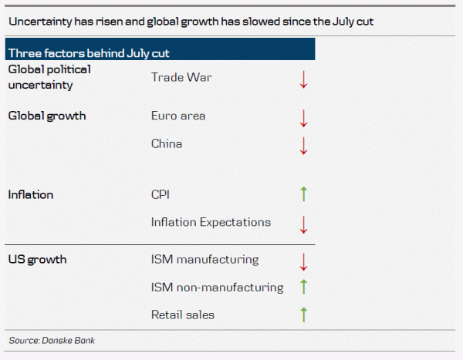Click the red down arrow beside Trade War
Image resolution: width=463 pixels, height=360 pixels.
tap(303, 78)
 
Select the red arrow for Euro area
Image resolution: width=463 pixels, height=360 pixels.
tap(303, 117)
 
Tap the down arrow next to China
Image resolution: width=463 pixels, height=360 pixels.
tap(303, 144)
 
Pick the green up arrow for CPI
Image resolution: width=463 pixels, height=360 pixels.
tap(303, 195)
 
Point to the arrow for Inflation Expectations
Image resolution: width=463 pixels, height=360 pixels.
tap(303, 224)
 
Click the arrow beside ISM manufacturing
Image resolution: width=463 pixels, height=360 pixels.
tap(303, 261)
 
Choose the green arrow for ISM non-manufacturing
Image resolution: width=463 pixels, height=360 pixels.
tap(303, 288)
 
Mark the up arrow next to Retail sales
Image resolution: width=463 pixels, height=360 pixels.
tap(303, 315)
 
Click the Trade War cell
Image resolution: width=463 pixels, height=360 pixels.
tap(181, 77)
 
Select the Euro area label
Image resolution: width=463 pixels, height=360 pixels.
tap(178, 116)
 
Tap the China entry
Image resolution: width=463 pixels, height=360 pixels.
tap(167, 143)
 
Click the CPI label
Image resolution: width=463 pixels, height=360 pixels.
tap(161, 195)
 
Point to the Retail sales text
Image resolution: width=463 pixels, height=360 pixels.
tap(183, 315)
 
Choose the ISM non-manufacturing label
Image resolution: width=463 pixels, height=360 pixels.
tap(217, 288)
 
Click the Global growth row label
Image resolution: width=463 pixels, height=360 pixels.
tap(46, 116)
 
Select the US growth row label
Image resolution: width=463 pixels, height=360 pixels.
tap(37, 260)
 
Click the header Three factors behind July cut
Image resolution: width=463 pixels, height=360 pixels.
tap(89, 53)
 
